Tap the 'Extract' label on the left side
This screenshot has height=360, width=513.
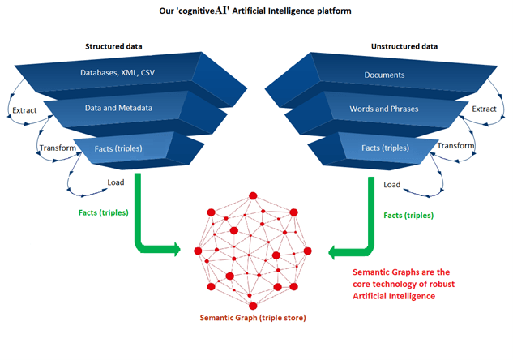(x=23, y=109)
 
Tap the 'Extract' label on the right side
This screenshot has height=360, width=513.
(x=485, y=109)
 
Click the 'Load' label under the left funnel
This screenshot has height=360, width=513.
(x=116, y=182)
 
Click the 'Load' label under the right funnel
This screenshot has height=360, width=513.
(x=392, y=185)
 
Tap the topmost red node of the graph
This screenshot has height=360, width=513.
(x=253, y=195)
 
